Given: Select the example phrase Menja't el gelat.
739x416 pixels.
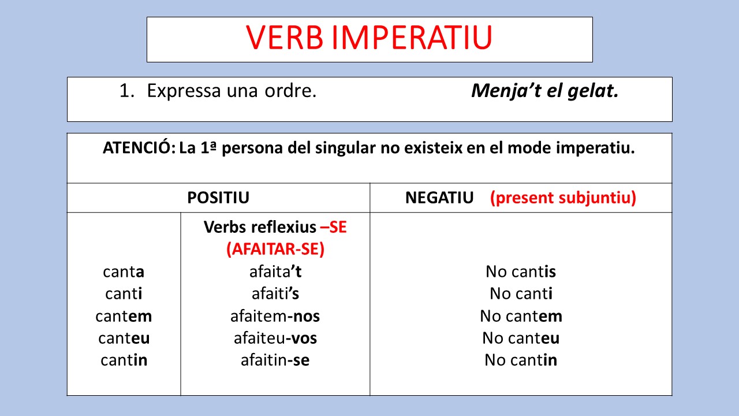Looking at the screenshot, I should point(544,91).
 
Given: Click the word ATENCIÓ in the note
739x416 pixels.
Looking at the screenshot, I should point(138,148).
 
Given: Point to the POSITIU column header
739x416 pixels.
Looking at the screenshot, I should point(218,198).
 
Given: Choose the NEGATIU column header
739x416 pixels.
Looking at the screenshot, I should point(439,198).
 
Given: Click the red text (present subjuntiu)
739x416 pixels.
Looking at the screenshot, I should point(563,198).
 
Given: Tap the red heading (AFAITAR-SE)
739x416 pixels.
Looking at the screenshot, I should point(275,249).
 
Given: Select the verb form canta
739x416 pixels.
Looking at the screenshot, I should point(124,272).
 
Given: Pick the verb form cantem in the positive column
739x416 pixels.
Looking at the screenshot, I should point(124,316).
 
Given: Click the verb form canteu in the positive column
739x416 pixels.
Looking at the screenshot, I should point(124,338).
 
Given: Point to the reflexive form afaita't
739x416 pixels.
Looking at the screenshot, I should point(275,272).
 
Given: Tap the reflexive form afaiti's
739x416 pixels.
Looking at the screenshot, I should point(275,294).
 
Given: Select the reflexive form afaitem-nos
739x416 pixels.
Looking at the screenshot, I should point(275,316).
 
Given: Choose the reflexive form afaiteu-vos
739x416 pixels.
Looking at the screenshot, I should point(275,338).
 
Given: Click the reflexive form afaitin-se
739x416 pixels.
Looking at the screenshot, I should point(275,361).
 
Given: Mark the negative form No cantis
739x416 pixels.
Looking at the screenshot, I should point(521,272).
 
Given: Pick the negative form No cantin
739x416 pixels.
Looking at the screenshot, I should point(521,361).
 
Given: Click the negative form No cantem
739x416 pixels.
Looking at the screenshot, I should point(521,316).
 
